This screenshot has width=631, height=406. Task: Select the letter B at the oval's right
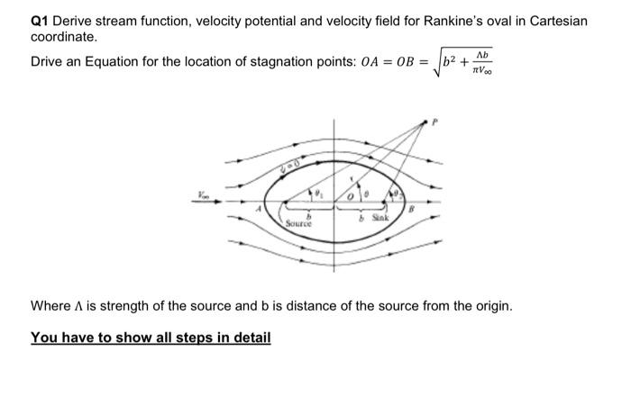click(411, 210)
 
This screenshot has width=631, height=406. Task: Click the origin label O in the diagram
click(331, 196)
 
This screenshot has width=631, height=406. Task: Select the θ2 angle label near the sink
click(394, 191)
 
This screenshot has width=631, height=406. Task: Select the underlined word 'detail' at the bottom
click(247, 338)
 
